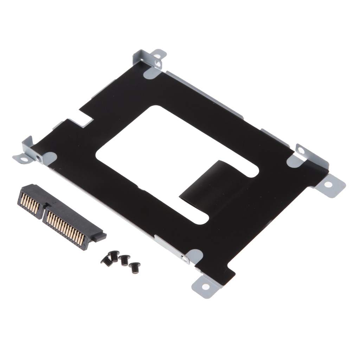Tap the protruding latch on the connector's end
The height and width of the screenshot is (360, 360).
click(100, 236)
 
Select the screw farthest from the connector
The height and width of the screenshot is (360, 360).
click(134, 268)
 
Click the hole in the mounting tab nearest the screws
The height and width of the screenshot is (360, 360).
click(205, 287)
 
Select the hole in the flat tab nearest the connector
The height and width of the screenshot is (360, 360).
click(23, 159)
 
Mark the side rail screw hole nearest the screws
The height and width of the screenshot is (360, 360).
click(184, 258)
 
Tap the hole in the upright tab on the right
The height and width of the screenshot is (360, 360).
click(301, 150)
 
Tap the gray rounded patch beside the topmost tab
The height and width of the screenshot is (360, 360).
click(152, 73)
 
